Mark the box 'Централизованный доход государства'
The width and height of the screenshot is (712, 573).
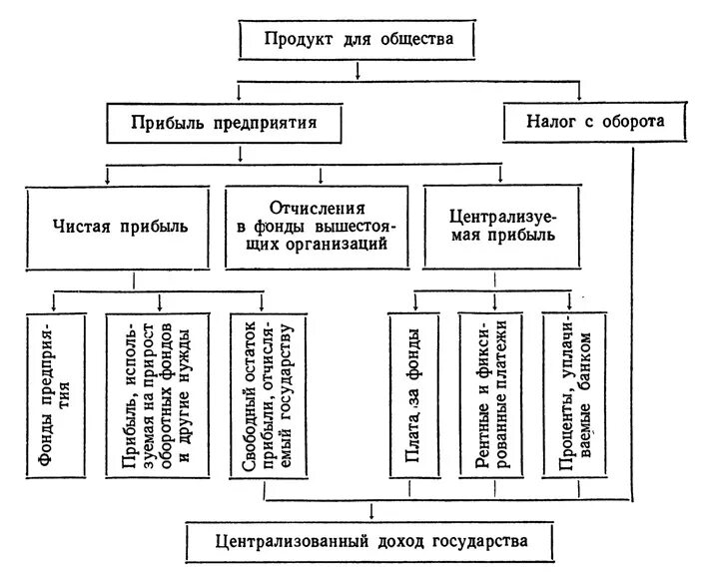pyautogui.click(x=369, y=541)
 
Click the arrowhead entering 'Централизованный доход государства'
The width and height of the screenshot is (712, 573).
pyautogui.click(x=371, y=515)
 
